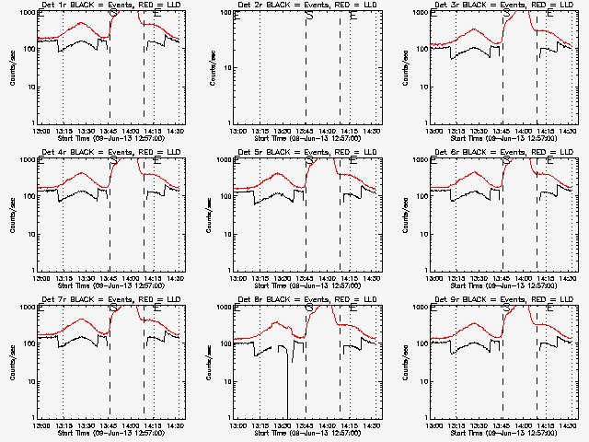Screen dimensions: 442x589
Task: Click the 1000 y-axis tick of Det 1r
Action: [x=27, y=12]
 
